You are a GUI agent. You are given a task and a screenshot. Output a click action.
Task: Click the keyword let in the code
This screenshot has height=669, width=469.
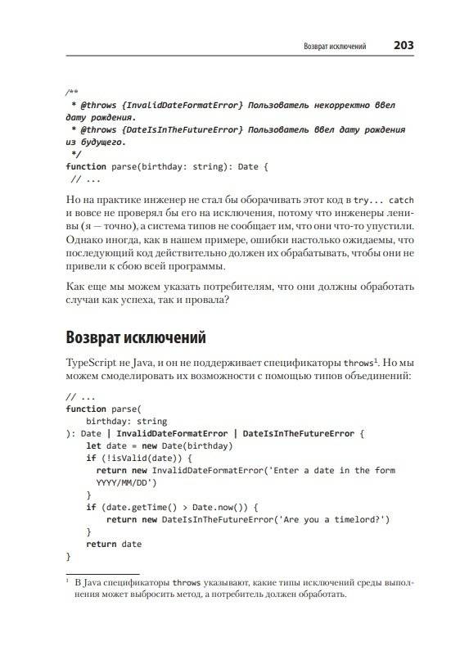(93, 445)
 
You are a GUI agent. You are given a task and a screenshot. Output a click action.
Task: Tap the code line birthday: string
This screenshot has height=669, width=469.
(126, 421)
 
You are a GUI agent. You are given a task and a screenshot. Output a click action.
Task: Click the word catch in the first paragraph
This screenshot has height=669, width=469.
(401, 199)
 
